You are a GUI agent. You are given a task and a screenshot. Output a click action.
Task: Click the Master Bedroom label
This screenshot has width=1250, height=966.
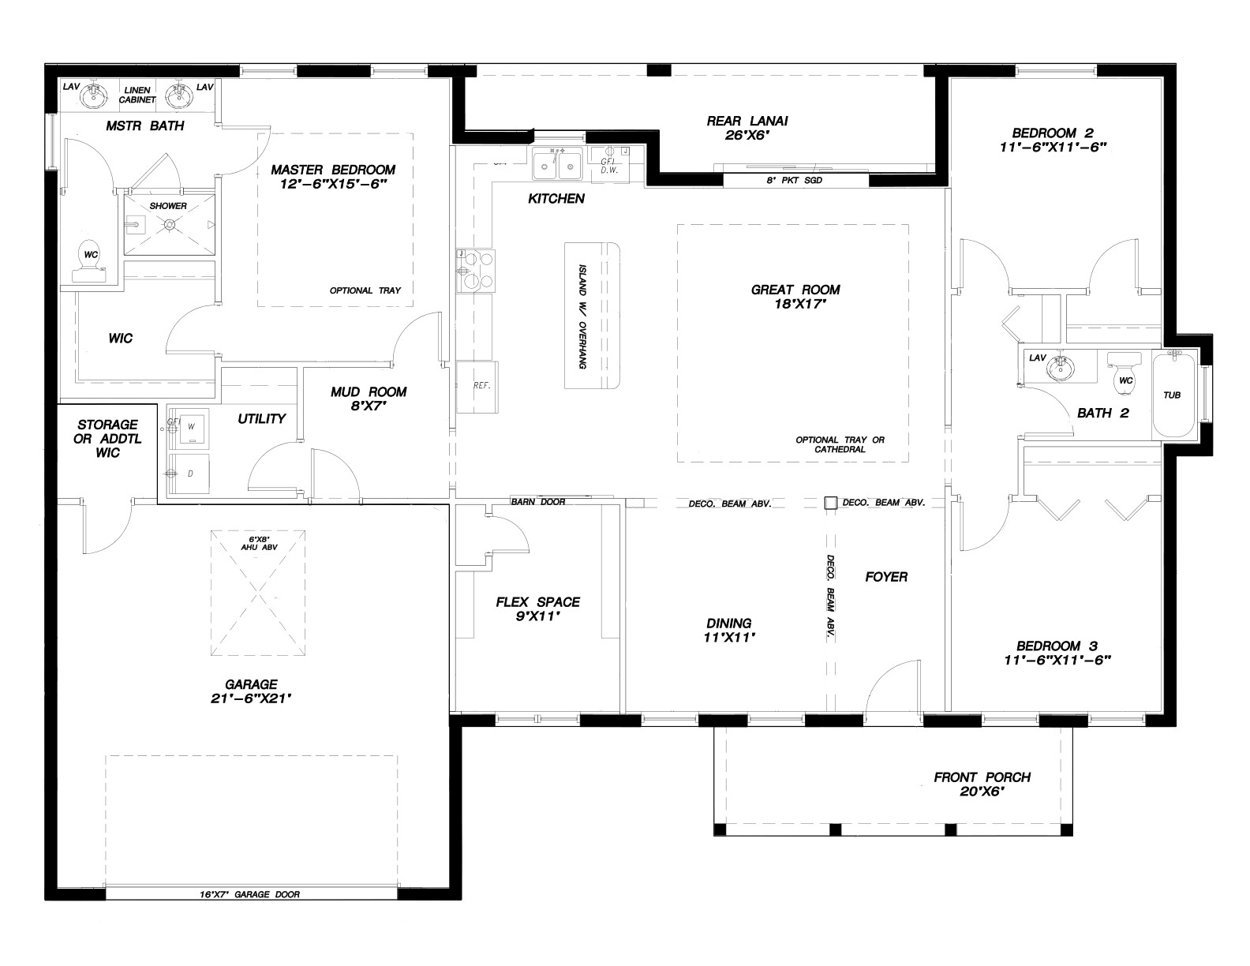point(333,177)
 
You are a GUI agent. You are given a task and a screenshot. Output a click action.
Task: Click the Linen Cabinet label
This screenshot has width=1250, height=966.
point(137,95)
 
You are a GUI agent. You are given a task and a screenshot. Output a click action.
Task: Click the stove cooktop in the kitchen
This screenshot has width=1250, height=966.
point(476,271)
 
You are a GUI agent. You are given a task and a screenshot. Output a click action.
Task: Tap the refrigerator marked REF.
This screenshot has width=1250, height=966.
point(477,387)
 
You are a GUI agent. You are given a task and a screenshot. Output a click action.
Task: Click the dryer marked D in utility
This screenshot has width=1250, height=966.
point(189,473)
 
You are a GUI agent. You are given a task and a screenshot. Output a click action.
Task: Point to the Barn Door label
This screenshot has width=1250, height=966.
point(538,502)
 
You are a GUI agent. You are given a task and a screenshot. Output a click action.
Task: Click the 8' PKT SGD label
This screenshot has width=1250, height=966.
point(795,180)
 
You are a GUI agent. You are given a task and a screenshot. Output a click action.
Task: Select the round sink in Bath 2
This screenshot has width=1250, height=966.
point(1059,368)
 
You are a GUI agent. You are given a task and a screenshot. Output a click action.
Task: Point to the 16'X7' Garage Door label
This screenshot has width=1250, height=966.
point(249,894)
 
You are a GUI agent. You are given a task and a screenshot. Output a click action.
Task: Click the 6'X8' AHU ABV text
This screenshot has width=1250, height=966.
point(259,543)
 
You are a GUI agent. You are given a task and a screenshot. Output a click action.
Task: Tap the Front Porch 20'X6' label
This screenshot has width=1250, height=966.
point(982,784)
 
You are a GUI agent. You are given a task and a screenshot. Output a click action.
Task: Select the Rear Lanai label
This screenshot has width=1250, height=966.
point(747,128)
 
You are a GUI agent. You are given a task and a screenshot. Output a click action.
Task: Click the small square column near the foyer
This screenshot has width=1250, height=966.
point(830,503)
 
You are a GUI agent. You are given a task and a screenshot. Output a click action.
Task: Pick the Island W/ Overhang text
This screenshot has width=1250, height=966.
point(582,316)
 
